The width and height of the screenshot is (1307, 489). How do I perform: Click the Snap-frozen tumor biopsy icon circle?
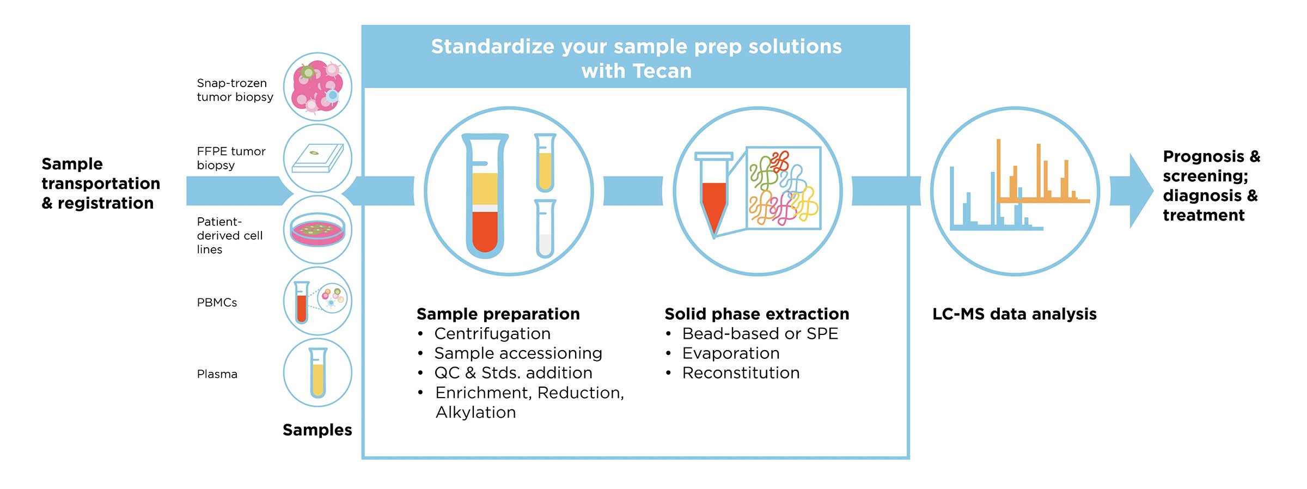[x=317, y=87]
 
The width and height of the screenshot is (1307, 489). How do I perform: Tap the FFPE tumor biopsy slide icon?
[x=317, y=158]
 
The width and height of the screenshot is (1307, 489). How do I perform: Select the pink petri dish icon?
[x=317, y=230]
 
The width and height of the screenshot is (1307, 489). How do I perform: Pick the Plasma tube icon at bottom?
[x=317, y=373]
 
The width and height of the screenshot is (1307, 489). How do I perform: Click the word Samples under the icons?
[x=317, y=430]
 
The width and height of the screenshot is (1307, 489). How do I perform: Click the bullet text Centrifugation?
[x=492, y=333]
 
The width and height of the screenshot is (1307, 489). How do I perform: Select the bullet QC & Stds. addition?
[x=513, y=373]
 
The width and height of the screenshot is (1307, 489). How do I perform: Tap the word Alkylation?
[x=475, y=412]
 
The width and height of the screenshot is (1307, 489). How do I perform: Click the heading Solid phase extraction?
[x=756, y=314]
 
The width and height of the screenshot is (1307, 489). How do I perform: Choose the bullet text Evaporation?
[x=730, y=353]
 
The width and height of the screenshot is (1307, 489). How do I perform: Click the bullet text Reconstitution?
[x=741, y=373]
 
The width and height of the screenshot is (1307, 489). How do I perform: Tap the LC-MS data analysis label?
[x=1014, y=314]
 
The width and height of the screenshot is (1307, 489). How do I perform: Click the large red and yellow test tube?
[x=485, y=196]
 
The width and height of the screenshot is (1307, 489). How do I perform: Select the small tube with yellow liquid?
[x=545, y=163]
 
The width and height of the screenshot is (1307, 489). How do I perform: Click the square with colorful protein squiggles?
[x=783, y=188]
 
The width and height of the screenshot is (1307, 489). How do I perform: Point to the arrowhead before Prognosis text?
[x=1140, y=191]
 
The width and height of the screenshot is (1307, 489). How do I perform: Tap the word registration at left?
[x=106, y=203]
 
